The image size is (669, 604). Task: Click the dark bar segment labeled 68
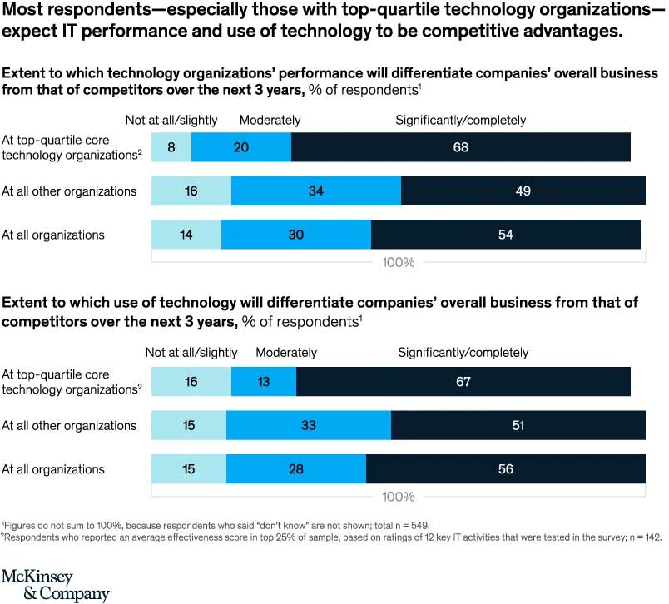tap(461, 147)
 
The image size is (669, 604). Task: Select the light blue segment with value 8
tap(171, 147)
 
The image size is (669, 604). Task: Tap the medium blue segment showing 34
tap(316, 191)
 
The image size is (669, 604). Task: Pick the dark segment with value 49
tap(523, 191)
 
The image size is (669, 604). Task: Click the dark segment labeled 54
tap(505, 235)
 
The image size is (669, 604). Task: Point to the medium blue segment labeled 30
tap(296, 235)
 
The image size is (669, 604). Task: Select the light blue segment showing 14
tap(186, 235)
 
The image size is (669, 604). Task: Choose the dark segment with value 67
tap(463, 382)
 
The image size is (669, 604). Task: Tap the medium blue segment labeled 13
tap(264, 382)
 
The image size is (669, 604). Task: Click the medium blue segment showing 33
tap(309, 425)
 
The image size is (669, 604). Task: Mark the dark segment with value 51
tap(518, 425)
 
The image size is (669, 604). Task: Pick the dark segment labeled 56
tap(506, 468)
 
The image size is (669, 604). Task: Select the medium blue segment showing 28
tap(296, 468)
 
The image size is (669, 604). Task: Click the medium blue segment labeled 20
tap(241, 147)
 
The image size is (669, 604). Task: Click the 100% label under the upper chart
tap(399, 262)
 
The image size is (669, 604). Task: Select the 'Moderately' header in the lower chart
tap(286, 353)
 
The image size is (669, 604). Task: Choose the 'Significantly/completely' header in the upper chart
tap(461, 120)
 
